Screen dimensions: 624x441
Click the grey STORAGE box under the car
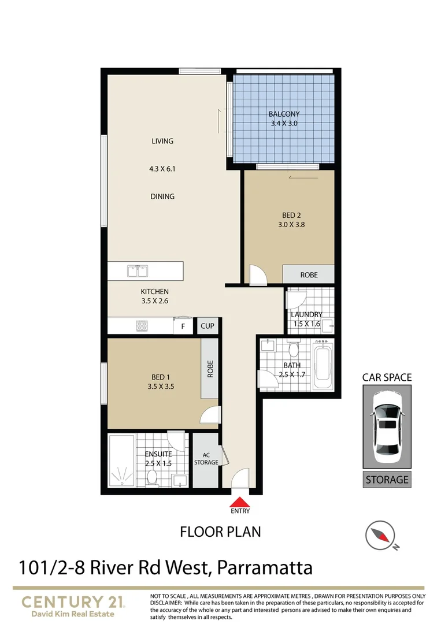tap(387, 480)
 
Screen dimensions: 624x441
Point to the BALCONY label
tap(284, 114)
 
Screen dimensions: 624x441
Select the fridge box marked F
tap(183, 326)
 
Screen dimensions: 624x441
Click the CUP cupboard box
tap(207, 326)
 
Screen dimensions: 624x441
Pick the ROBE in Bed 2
tap(309, 275)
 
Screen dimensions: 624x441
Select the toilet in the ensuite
tap(153, 476)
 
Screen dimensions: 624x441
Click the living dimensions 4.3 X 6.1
tap(162, 169)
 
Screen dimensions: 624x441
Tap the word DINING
tap(162, 196)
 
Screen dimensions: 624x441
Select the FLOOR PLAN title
tap(220, 532)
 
